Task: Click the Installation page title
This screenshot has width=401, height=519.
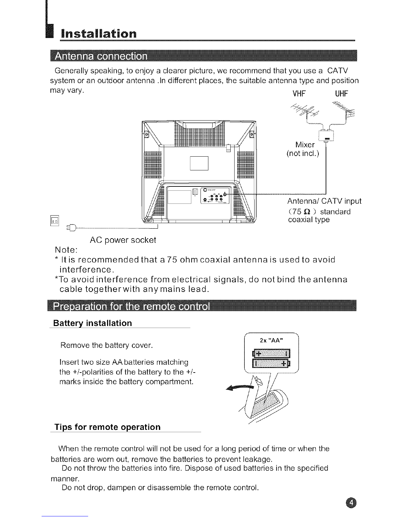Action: point(99,34)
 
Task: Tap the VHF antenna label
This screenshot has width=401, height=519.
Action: point(299,94)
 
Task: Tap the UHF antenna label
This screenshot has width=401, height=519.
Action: point(341,94)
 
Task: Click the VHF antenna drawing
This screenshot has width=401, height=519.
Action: point(305,110)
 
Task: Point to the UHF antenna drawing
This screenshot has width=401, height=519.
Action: point(343,111)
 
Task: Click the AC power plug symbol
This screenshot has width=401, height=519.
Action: point(71,228)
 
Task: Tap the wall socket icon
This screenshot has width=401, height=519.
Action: point(55,221)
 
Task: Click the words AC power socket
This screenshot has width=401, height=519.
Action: point(123,240)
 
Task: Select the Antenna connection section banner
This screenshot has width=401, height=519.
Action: point(204,56)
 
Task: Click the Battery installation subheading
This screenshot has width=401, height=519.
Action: point(92,323)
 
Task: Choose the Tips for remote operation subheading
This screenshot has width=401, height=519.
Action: point(107,427)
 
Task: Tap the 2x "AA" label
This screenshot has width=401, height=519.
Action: point(271,340)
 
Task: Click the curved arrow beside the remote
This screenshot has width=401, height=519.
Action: point(239,388)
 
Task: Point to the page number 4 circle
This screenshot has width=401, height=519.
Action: point(351,503)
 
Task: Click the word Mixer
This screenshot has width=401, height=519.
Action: point(305,145)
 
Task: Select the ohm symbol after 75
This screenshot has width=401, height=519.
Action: point(308,212)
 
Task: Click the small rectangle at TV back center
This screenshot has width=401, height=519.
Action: point(199,163)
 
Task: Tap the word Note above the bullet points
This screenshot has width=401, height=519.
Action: point(66,250)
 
